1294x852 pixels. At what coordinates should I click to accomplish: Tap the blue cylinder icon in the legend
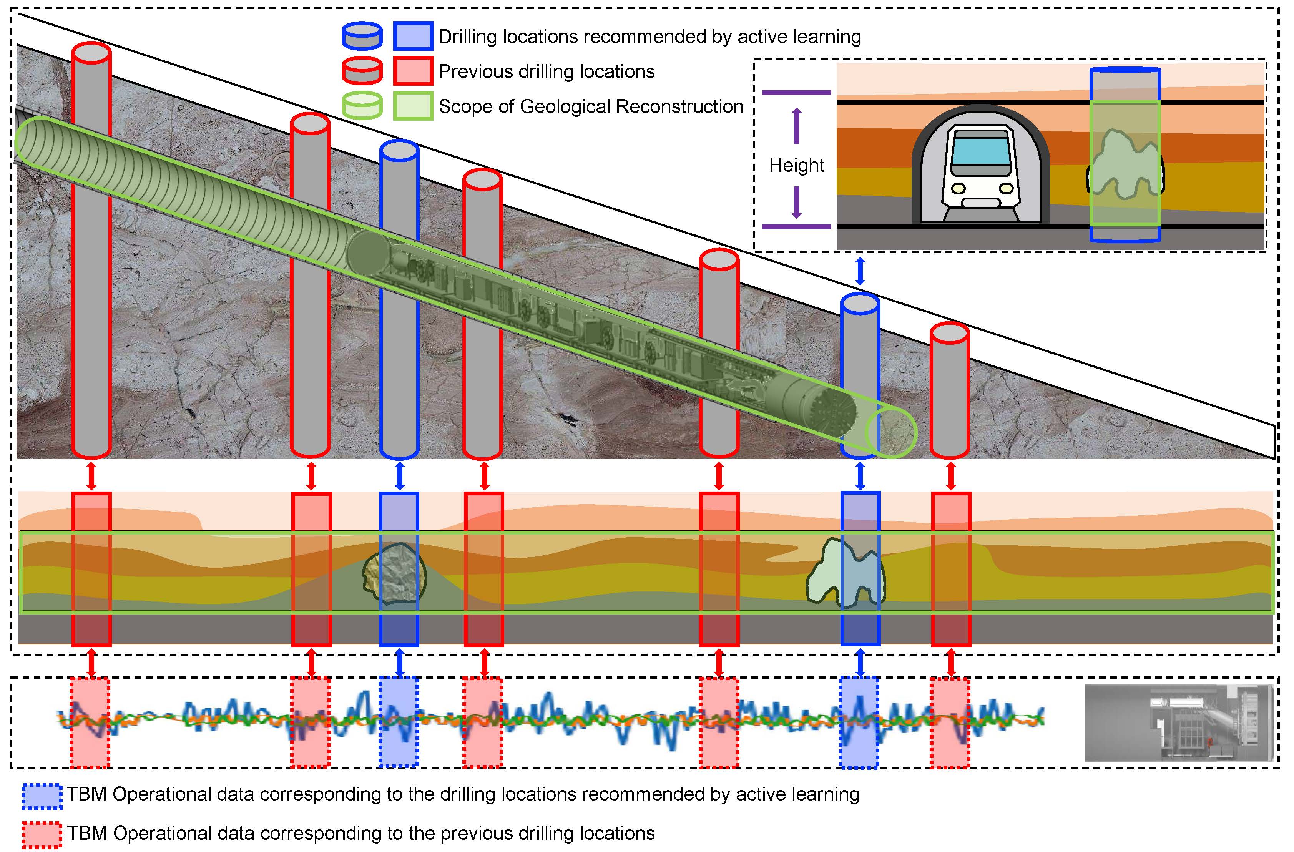tap(362, 36)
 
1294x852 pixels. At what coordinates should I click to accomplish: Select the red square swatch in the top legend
tap(413, 71)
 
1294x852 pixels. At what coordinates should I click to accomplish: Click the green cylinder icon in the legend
tap(362, 105)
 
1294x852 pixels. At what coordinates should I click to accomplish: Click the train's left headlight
tap(958, 189)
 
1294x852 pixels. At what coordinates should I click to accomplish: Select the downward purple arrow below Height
tap(797, 202)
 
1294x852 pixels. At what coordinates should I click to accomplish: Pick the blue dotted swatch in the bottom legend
tap(42, 796)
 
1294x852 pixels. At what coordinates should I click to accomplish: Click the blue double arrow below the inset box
tap(860, 271)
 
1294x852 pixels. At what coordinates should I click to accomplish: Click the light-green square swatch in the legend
tap(413, 105)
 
